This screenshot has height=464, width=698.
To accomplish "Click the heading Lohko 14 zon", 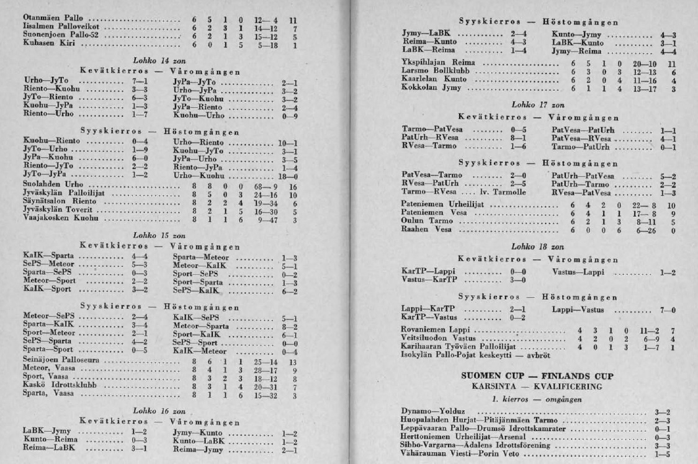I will click(x=153, y=62).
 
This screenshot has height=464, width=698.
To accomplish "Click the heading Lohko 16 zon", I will click(x=153, y=410).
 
